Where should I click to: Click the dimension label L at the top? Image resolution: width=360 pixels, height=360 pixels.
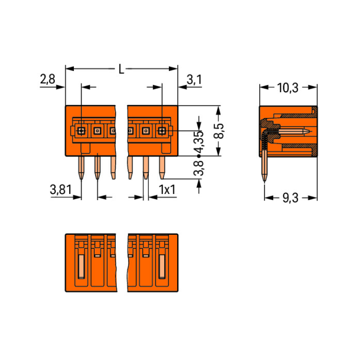tap(121, 70)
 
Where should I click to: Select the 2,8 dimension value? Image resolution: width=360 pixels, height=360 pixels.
tap(48, 80)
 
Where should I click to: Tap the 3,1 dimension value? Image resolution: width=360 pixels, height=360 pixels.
tap(194, 80)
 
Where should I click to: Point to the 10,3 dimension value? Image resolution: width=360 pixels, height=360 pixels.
tap(288, 87)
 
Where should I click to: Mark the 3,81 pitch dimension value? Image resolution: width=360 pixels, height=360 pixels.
tap(60, 190)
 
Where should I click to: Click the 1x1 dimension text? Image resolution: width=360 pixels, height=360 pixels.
tap(167, 190)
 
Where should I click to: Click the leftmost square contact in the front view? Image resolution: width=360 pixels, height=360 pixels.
tap(82, 130)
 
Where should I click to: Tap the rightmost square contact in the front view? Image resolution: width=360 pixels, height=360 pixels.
tap(162, 130)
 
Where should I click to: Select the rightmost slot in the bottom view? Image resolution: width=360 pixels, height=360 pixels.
tap(162, 267)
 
